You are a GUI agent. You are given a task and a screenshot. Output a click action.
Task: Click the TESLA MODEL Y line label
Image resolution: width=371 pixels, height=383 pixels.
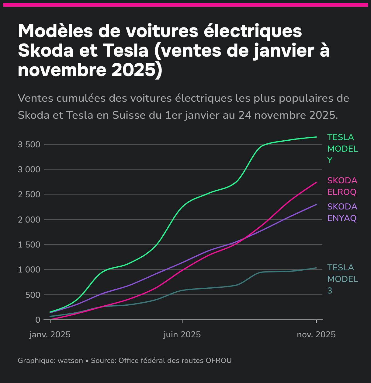[342, 149]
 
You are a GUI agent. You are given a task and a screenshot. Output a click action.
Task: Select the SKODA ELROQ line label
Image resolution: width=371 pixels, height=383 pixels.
[342, 186]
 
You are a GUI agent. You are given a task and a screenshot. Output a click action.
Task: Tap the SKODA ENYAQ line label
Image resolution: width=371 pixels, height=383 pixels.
[342, 213]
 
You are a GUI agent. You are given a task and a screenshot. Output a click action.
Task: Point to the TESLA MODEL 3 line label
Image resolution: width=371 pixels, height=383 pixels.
[342, 279]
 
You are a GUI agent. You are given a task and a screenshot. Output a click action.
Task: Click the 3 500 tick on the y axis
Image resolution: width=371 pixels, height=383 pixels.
[29, 144]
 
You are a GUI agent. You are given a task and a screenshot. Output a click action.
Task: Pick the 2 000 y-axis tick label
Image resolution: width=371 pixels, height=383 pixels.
[29, 220]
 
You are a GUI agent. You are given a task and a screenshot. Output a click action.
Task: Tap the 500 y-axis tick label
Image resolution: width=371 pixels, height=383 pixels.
[33, 295]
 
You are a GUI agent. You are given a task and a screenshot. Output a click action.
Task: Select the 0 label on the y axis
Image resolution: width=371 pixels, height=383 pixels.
[38, 320]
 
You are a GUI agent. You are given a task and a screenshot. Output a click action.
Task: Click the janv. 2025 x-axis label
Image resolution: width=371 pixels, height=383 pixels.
[50, 335]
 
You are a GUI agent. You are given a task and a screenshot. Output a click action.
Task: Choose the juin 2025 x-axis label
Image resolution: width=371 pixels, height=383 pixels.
[182, 335]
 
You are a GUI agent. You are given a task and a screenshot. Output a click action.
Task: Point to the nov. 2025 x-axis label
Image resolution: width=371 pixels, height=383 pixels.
[316, 335]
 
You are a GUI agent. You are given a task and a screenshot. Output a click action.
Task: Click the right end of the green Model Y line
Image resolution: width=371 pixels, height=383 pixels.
[316, 137]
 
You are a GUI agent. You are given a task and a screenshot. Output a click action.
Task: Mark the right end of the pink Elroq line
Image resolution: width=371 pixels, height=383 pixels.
[316, 182]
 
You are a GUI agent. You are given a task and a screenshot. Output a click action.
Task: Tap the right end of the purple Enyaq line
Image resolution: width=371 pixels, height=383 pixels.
[316, 205]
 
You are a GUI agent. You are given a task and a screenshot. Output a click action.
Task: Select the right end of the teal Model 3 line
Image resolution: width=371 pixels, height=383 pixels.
[316, 268]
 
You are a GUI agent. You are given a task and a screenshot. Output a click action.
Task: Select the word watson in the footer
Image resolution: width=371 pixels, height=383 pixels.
[70, 360]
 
